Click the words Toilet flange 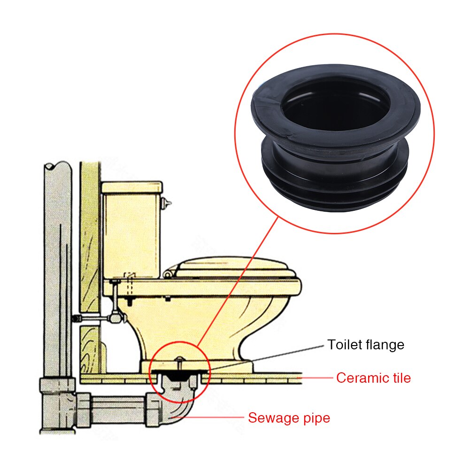(x=365, y=345)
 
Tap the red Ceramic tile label (x=373, y=378)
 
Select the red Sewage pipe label (x=289, y=417)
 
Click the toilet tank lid (x=132, y=187)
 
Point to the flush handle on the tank (x=165, y=203)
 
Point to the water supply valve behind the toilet (x=115, y=318)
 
